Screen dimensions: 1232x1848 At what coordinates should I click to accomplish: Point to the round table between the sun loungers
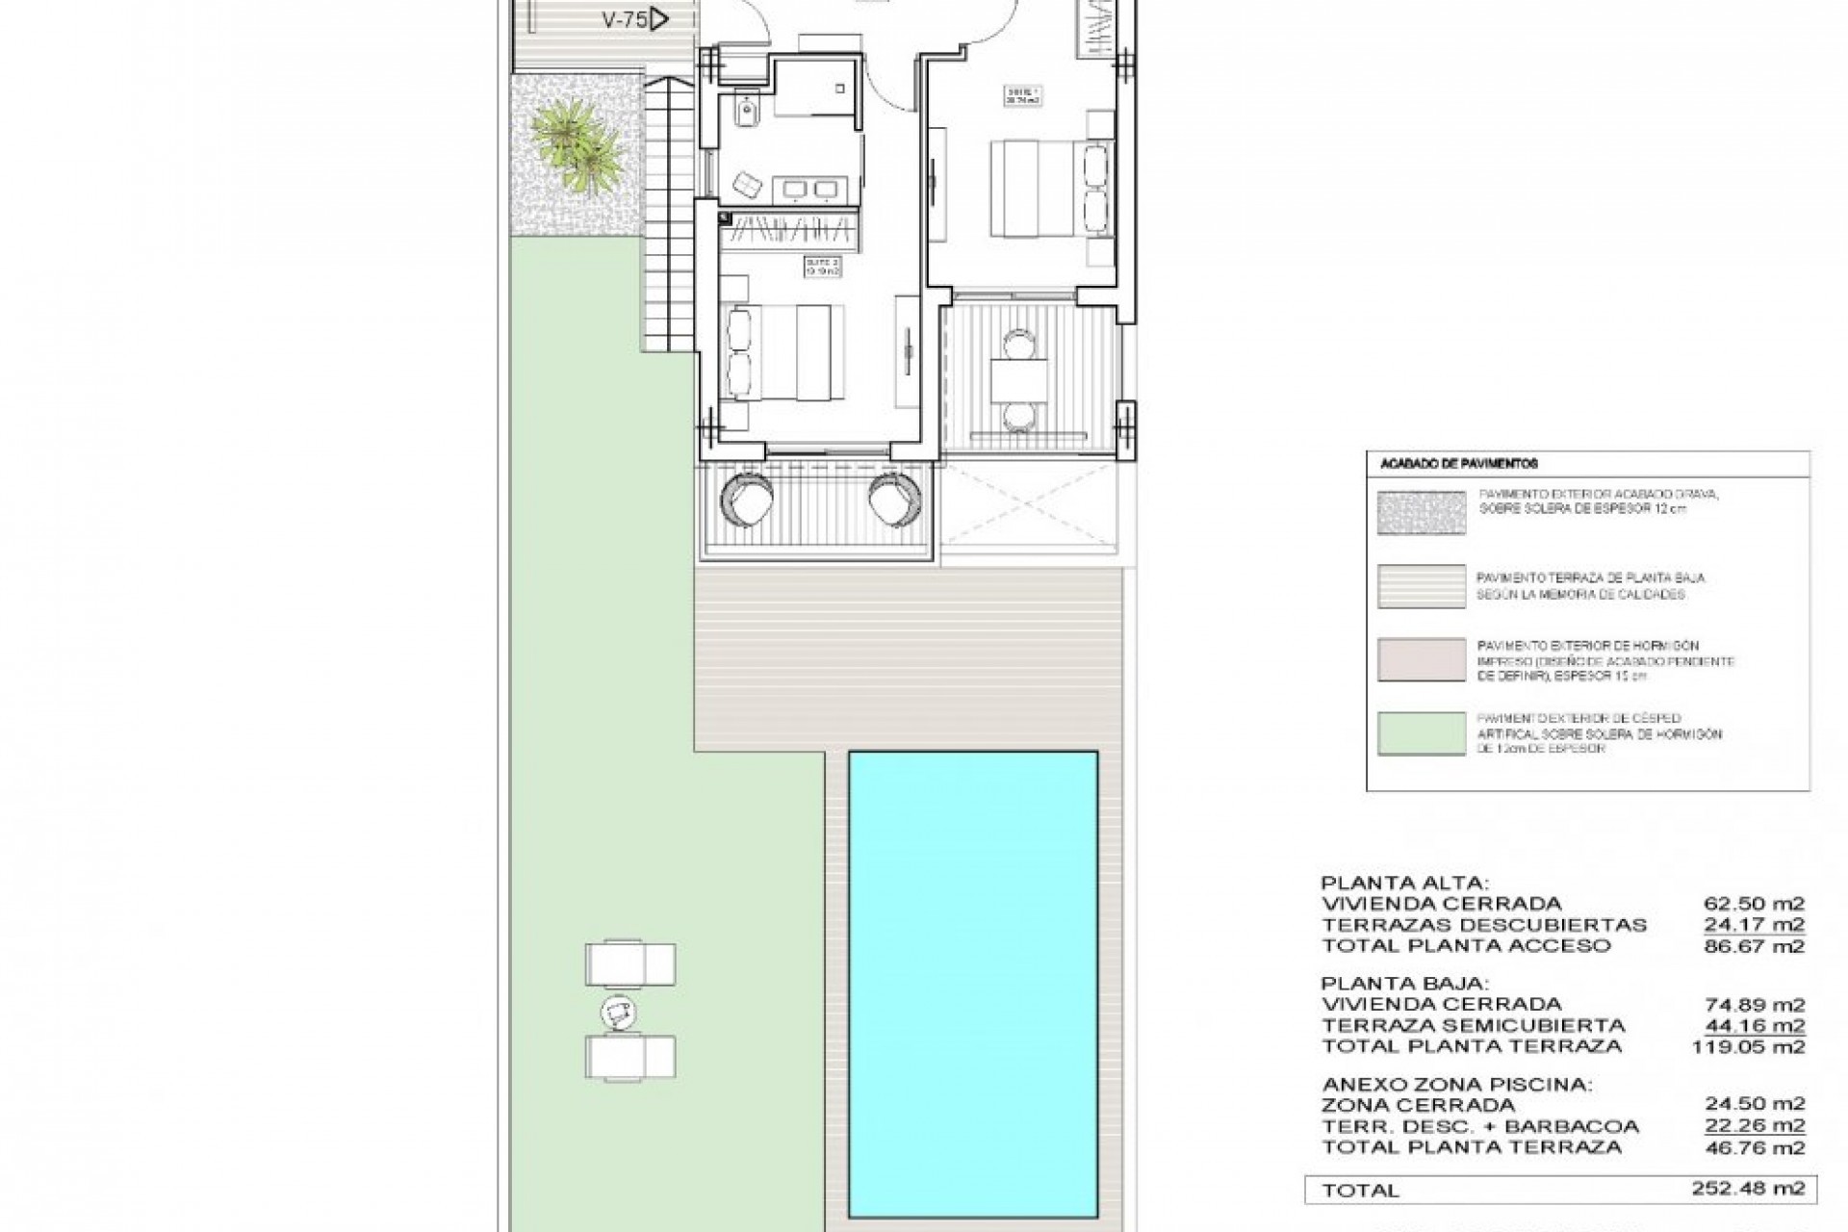point(617,1012)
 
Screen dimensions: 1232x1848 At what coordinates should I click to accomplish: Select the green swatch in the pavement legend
point(1421,733)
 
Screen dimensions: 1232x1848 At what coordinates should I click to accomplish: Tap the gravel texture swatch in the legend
point(1421,511)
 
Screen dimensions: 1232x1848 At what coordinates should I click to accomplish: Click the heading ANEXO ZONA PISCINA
point(1456,1085)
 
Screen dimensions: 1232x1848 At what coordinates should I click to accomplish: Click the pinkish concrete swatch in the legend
point(1421,659)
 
